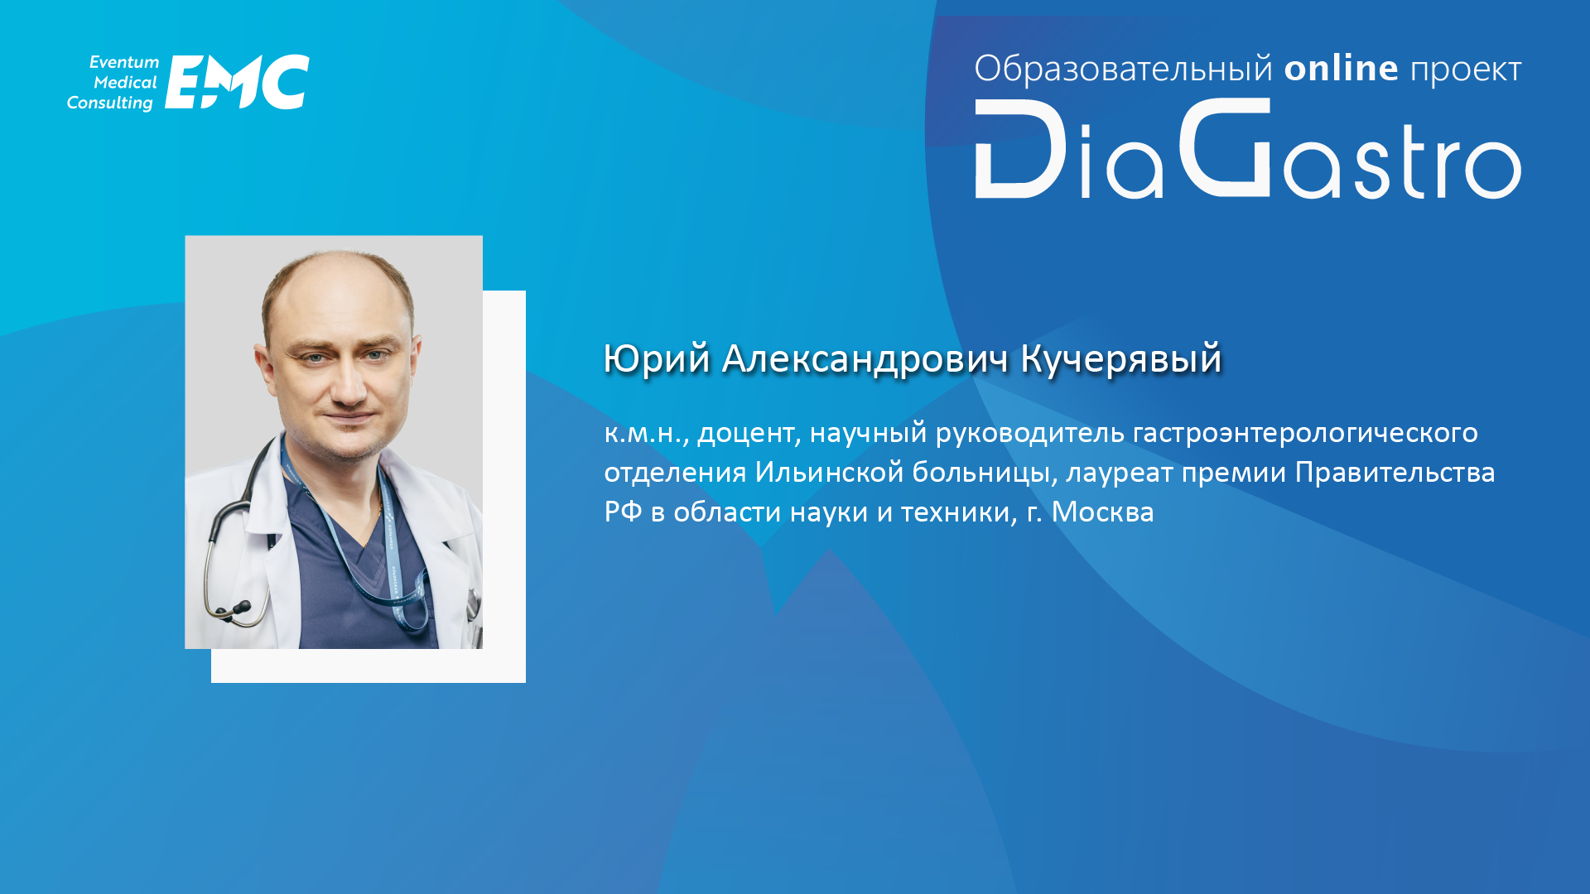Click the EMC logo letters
point(237,82)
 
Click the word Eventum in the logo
point(124,62)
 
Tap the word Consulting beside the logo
point(110,103)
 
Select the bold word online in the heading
point(1342,68)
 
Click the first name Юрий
point(657,359)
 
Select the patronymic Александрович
point(865,359)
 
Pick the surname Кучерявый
point(1121,359)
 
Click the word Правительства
point(1395,473)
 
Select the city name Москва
point(1102,512)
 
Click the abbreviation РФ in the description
point(624,512)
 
